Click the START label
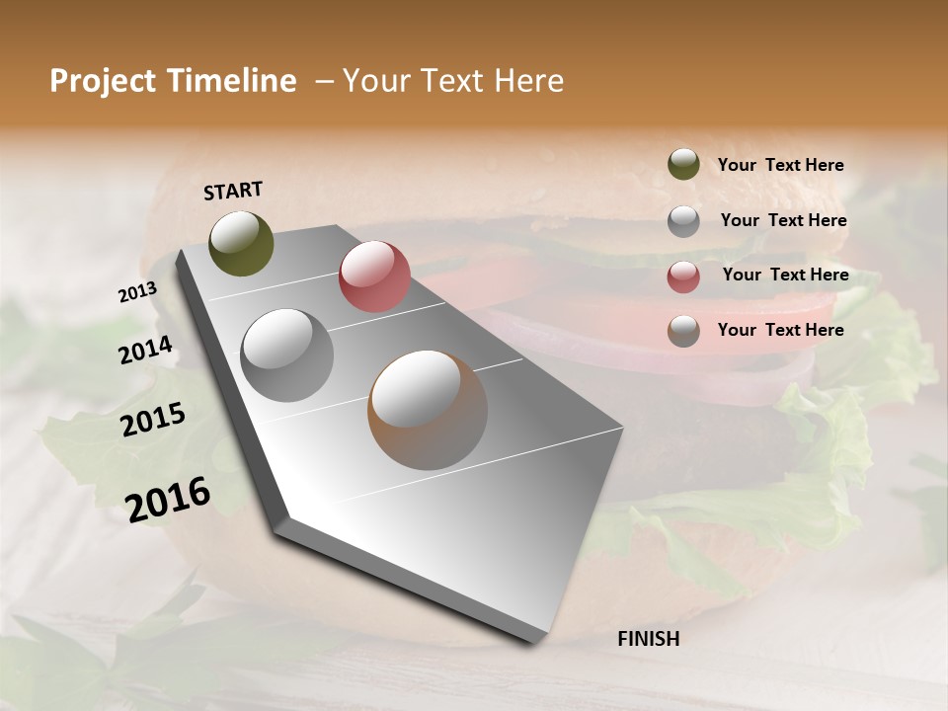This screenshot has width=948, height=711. click(233, 191)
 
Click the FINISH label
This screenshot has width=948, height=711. click(648, 639)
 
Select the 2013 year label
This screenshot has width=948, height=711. click(137, 292)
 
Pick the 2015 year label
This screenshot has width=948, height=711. click(153, 421)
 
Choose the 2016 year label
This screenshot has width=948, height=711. click(168, 499)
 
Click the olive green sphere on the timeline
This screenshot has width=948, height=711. click(241, 243)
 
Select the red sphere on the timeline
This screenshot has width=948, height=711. click(374, 276)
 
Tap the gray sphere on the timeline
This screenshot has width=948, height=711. click(286, 355)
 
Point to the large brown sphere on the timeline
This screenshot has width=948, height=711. click(428, 410)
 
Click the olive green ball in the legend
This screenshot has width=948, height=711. click(683, 165)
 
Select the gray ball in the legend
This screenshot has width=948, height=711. click(683, 221)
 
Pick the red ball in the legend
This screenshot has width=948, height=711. click(683, 276)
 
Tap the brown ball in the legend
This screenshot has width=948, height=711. click(683, 331)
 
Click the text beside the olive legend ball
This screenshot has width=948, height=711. click(780, 165)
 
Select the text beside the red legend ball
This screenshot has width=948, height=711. click(785, 275)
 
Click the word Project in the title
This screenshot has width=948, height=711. click(103, 81)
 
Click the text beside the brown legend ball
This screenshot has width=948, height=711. click(780, 330)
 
